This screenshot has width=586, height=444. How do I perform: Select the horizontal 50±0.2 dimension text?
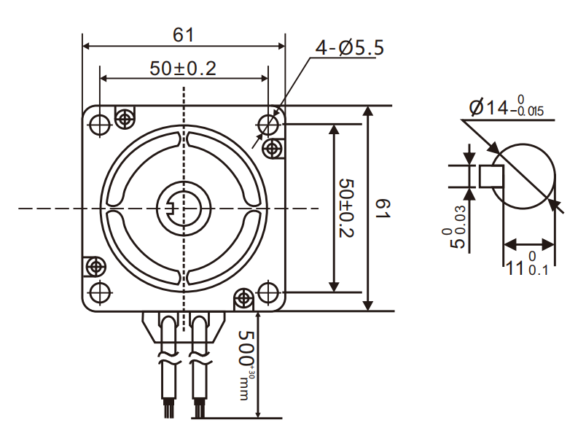(183, 69)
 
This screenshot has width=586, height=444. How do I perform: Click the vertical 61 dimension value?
(383, 209)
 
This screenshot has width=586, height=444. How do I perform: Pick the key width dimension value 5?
(458, 241)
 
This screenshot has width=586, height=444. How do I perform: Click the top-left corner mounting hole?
(100, 125)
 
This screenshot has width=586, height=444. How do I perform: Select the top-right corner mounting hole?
(270, 124)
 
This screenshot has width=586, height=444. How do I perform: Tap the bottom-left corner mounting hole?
(100, 292)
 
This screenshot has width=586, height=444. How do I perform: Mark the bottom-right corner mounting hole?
(270, 293)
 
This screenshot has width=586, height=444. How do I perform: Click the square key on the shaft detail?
(489, 176)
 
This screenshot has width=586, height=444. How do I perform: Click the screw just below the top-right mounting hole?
(273, 149)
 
